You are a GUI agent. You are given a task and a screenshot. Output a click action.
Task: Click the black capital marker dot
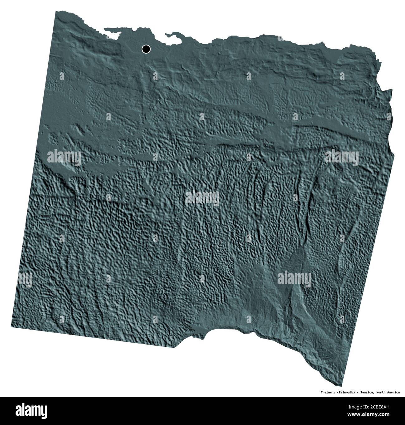coord(146,49)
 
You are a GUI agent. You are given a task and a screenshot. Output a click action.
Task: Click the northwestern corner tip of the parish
coord(56,12)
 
